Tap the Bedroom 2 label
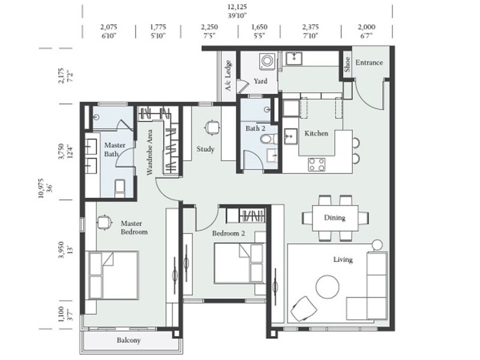click(228, 233)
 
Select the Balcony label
click(128, 340)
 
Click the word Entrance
click(369, 62)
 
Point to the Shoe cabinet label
click(347, 63)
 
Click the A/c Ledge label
click(228, 76)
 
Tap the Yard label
click(260, 81)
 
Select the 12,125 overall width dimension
click(237, 7)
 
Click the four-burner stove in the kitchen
click(317, 163)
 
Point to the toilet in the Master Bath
click(119, 188)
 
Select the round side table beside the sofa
click(377, 245)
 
